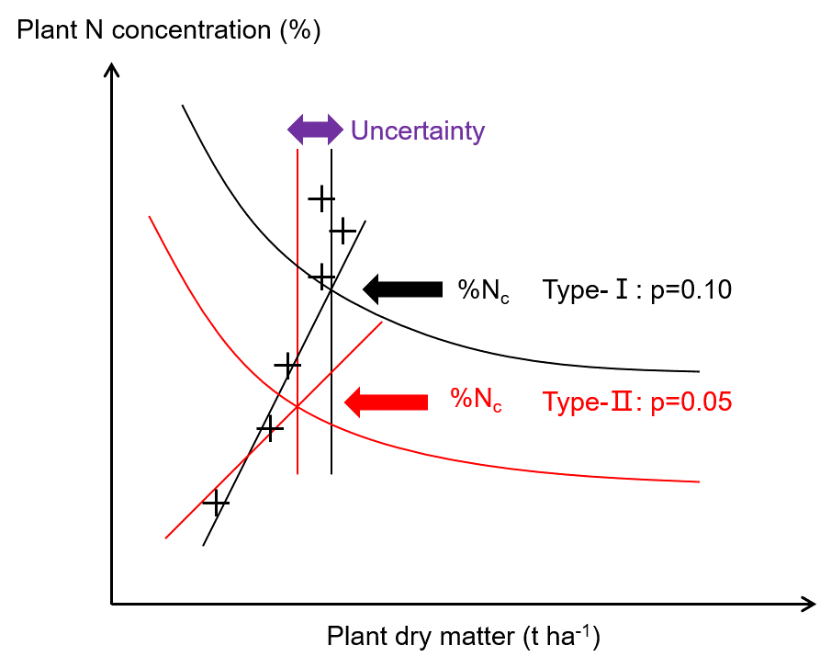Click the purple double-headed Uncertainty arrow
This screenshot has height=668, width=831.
(314, 130)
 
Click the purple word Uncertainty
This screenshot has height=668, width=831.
(417, 130)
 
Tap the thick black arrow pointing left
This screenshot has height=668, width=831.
(402, 289)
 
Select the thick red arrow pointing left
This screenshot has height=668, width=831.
(386, 401)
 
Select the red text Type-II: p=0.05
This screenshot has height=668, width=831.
(636, 402)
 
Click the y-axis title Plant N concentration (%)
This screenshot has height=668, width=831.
(169, 30)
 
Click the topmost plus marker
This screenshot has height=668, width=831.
(320, 198)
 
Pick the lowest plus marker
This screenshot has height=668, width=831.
(216, 503)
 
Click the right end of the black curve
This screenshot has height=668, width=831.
(699, 371)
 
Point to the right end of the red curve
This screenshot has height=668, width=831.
(699, 481)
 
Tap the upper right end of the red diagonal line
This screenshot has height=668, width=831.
(381, 323)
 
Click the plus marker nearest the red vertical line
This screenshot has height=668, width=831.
(287, 366)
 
